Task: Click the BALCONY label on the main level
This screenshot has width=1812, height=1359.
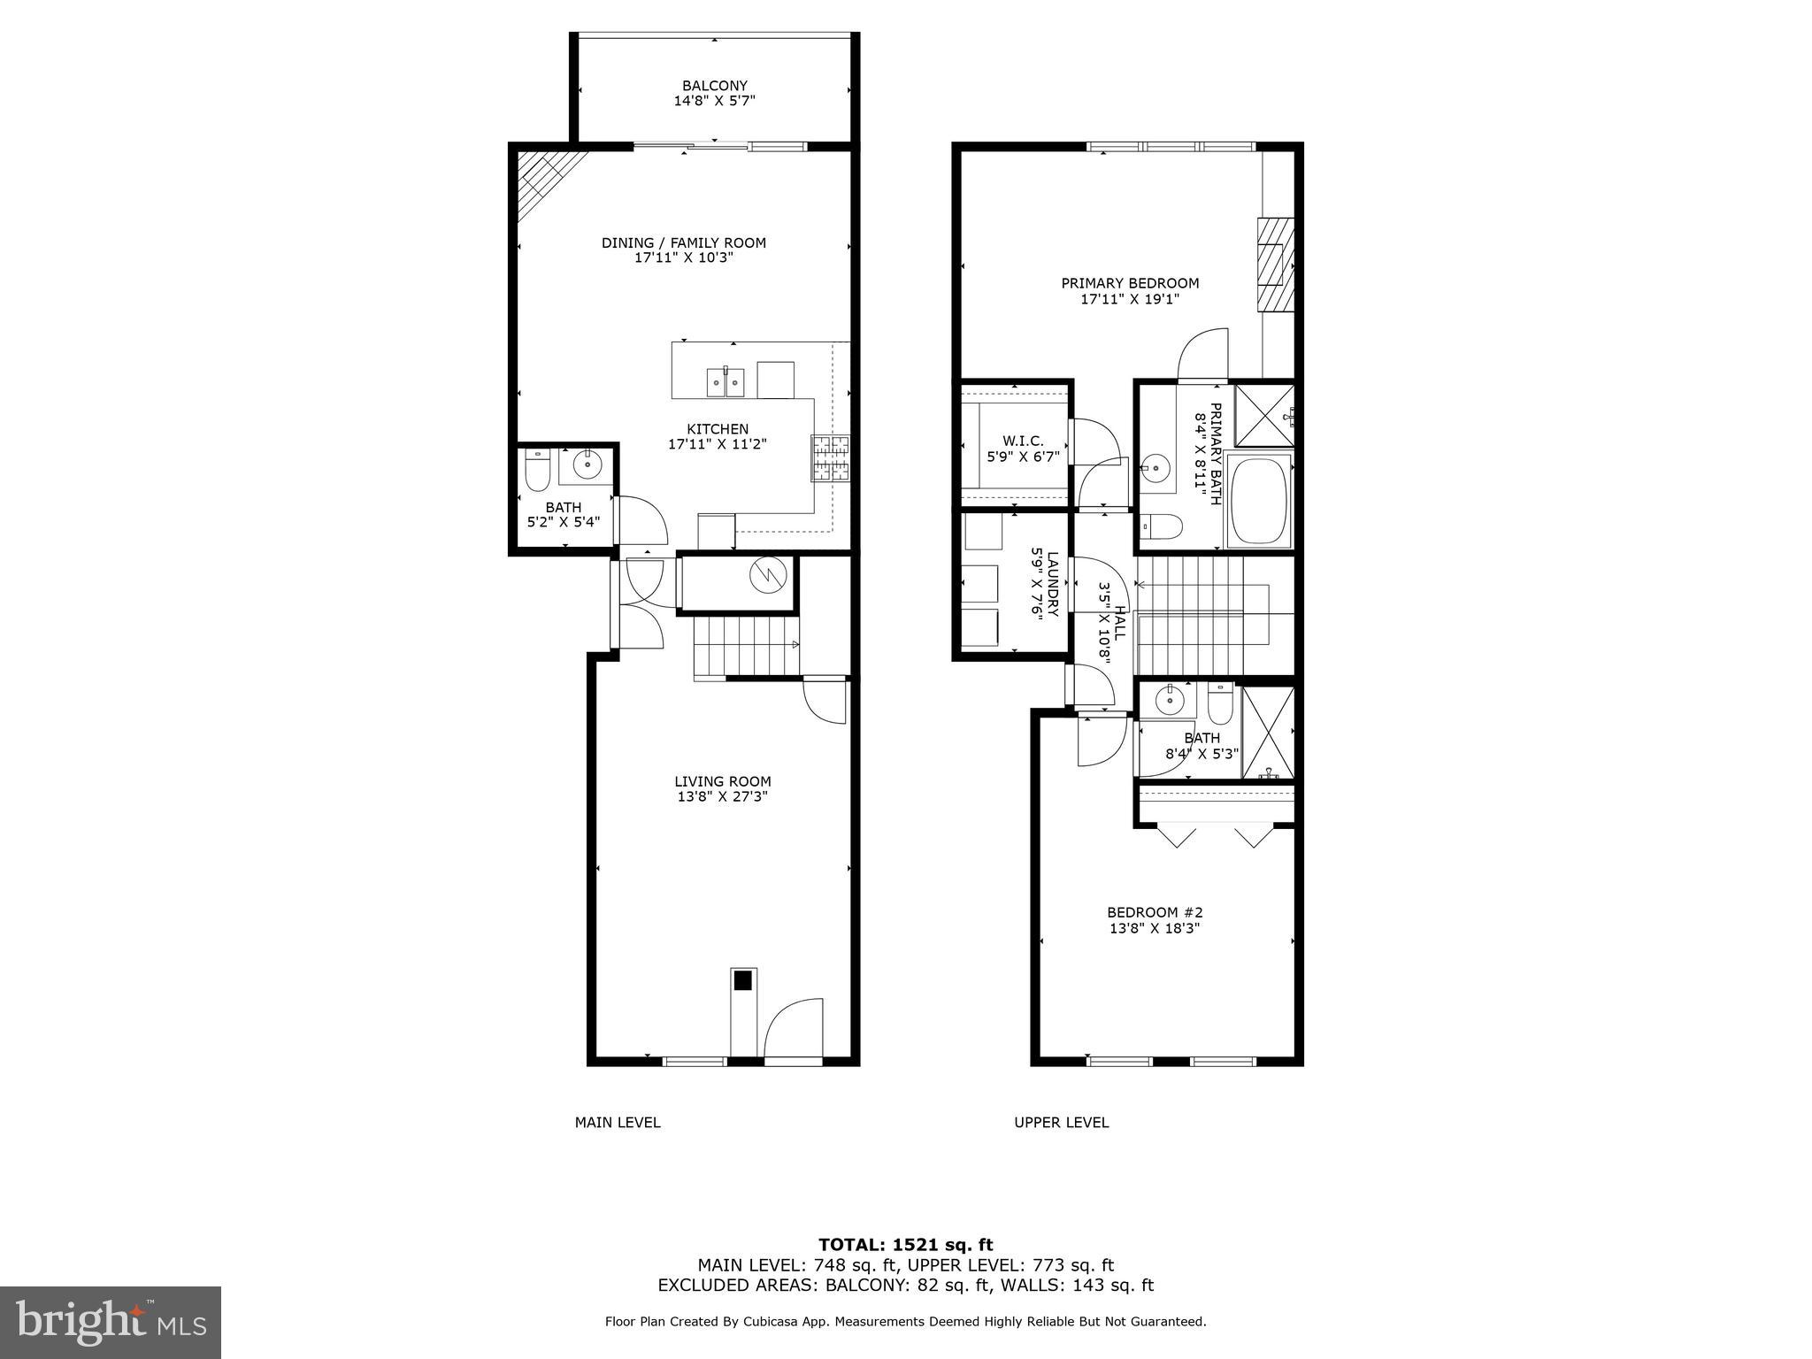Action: tap(714, 86)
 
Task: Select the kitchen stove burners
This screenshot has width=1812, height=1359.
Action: tap(830, 457)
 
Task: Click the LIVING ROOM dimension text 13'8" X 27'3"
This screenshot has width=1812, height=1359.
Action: tap(723, 796)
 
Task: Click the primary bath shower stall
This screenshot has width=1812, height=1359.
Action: tap(1263, 415)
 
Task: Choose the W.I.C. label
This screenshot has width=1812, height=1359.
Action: tap(1023, 441)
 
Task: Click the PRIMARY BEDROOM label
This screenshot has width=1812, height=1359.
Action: tap(1130, 283)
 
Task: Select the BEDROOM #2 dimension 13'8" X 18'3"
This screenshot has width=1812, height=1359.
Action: tap(1155, 928)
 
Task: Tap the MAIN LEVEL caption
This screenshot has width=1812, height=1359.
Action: tap(618, 1123)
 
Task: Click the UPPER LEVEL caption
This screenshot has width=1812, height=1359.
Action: tap(1061, 1123)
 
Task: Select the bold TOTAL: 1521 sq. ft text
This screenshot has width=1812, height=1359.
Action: tap(905, 1245)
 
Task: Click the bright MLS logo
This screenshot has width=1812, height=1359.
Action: tap(111, 1323)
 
